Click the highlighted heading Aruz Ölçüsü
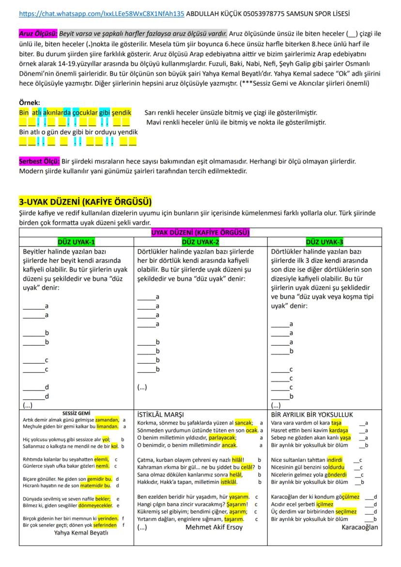point(39,33)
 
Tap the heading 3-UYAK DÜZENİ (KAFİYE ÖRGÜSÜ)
point(85,201)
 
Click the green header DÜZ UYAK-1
point(76,242)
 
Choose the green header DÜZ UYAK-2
point(200,242)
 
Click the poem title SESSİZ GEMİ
point(77,413)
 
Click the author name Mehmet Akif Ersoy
point(214,527)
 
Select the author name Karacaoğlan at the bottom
point(359,527)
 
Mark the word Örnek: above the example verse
point(30,103)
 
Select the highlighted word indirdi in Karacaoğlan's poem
point(334,460)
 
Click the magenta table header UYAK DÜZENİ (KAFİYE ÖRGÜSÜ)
point(200,233)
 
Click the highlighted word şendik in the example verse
point(122,112)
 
